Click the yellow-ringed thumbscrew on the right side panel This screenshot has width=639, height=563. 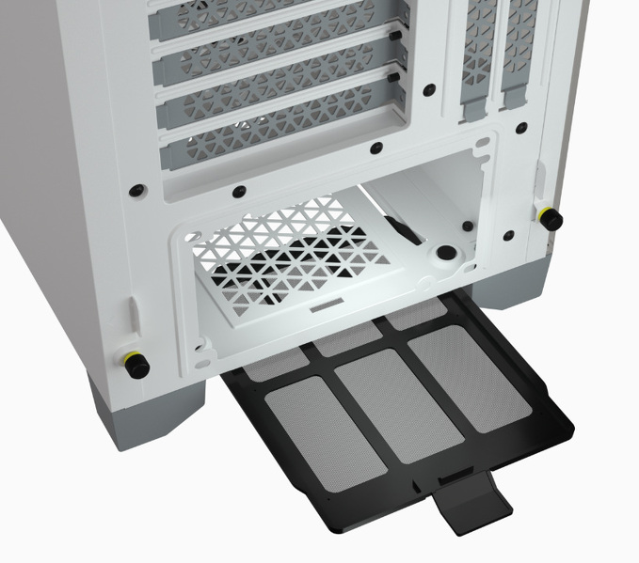[551, 218]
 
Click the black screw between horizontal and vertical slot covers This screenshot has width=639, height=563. [429, 90]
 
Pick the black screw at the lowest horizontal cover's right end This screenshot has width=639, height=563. [376, 146]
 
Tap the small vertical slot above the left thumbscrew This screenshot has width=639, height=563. [136, 314]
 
